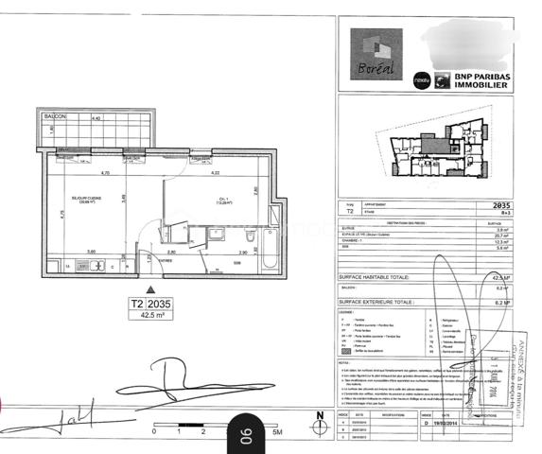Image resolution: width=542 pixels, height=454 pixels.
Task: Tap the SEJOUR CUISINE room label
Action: (71, 200)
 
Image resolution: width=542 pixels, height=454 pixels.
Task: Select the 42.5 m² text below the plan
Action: (147, 318)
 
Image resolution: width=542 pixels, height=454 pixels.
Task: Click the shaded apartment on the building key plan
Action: (430, 139)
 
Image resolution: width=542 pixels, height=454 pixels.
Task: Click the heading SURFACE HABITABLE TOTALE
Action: (378, 277)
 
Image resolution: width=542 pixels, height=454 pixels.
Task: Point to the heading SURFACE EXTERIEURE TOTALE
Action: (379, 303)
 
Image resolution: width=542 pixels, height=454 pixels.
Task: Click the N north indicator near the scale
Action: (319, 416)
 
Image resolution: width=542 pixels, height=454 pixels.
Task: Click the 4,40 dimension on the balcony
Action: (95, 118)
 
